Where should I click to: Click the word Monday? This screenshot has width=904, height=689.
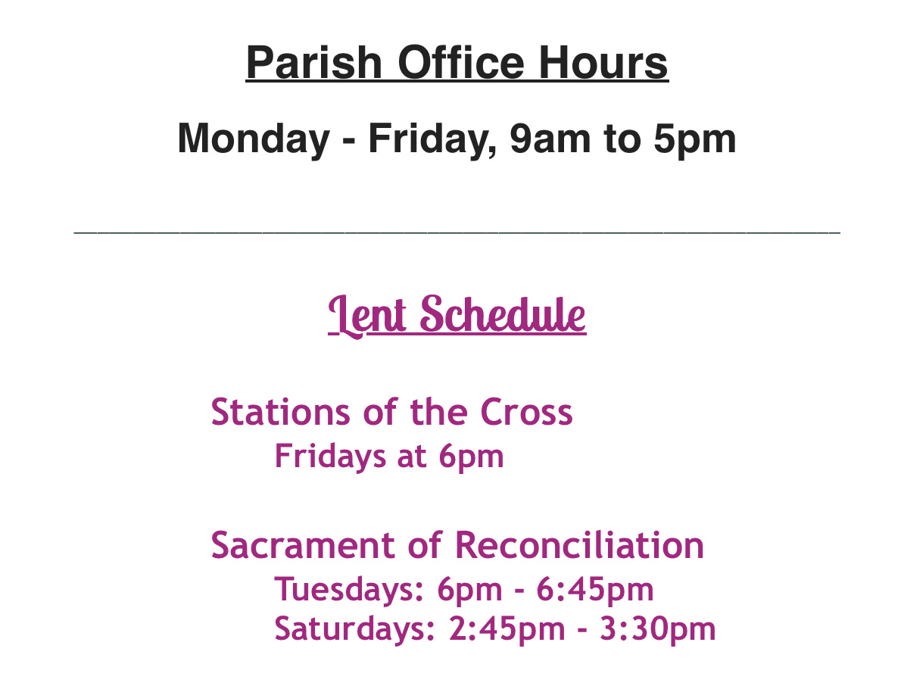254,139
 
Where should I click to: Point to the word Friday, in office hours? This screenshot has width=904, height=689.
432,139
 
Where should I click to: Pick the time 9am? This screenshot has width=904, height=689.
550,139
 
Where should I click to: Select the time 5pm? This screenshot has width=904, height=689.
695,140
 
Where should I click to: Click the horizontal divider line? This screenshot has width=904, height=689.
457,232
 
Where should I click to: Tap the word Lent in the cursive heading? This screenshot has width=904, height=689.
367,315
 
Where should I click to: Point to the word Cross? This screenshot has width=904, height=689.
526,412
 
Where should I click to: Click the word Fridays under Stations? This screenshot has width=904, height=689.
330,457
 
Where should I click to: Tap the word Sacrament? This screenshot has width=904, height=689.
303,545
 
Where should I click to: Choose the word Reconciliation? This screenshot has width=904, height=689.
579,545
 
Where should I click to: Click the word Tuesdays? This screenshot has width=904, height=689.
349,589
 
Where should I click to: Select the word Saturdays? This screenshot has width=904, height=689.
354,628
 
